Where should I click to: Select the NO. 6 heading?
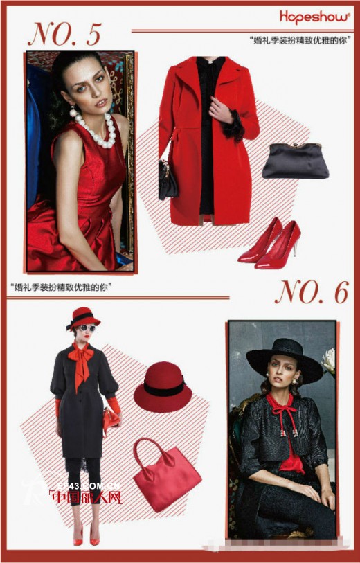point(311,293)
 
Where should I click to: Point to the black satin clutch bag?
point(295,160)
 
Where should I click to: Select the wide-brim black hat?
point(284,357)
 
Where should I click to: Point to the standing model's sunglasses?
point(87,328)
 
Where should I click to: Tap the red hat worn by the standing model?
point(84,317)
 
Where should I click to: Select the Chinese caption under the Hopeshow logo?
point(298,41)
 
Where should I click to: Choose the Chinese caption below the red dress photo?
point(62,286)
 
